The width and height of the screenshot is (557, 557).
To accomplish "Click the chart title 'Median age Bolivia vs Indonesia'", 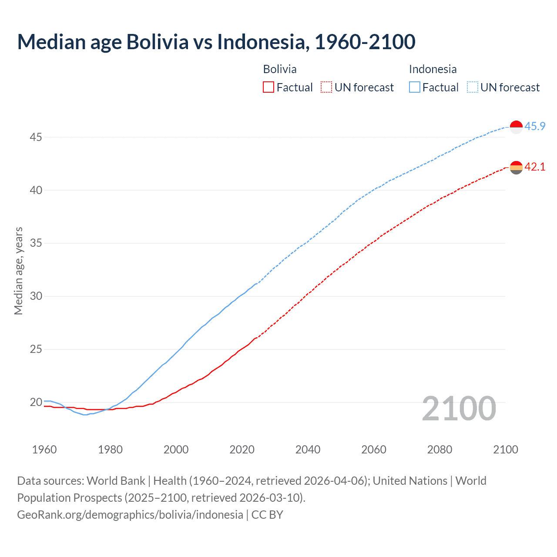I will point(216,42).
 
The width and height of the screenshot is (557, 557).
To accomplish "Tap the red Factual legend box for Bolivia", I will point(268,87).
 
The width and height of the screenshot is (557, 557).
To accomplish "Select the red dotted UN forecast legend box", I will point(326,87).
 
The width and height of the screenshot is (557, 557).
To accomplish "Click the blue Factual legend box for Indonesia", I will point(415,87).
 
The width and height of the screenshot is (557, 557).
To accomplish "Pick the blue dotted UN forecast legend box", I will point(472,87).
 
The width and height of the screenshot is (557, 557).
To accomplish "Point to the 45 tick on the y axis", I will point(36,137).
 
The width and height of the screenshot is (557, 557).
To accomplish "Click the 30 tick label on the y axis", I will point(36,296).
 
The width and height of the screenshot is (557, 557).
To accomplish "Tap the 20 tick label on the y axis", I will point(36,402).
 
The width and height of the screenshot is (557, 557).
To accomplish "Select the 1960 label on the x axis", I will point(44,450).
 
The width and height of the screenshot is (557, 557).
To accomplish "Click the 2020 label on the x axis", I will point(242,450).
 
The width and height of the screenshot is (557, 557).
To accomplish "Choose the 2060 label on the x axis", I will point(374,450).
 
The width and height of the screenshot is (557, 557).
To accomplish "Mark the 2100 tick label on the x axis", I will point(506,450).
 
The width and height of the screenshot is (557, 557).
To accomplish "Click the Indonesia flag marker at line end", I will point(516,127).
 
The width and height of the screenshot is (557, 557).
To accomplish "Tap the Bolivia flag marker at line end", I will point(516,167).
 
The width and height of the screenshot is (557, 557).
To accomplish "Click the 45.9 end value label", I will point(535,126).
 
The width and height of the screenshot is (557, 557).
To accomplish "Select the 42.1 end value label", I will point(535,167).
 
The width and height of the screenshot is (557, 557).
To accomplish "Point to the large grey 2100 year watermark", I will point(459,409).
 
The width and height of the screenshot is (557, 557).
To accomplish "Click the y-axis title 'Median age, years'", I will point(18,271).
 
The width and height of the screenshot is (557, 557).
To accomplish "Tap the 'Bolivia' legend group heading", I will point(280,69).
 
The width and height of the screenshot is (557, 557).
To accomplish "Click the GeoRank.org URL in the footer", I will point(130,514).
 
